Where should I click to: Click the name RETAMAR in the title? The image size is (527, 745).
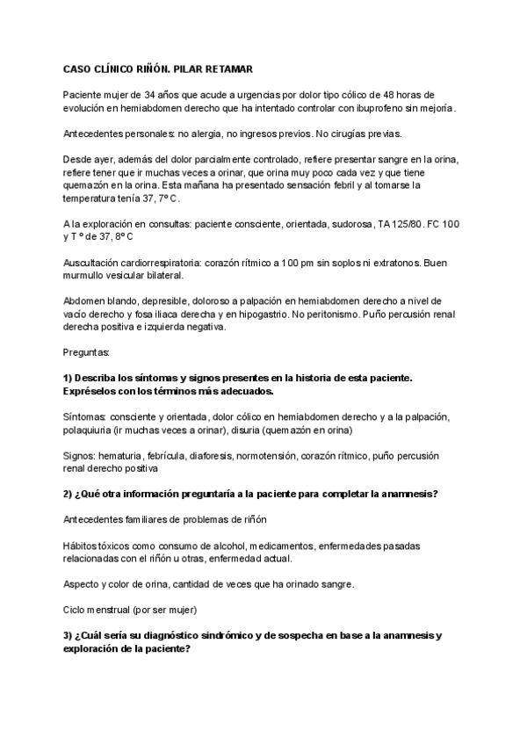click(226, 68)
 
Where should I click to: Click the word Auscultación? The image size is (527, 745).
click(95, 263)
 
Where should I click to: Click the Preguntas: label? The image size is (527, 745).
click(87, 352)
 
